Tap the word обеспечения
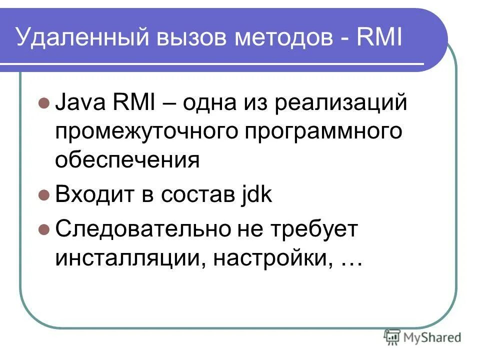tap(127, 160)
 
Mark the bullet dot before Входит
tap(43, 195)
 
